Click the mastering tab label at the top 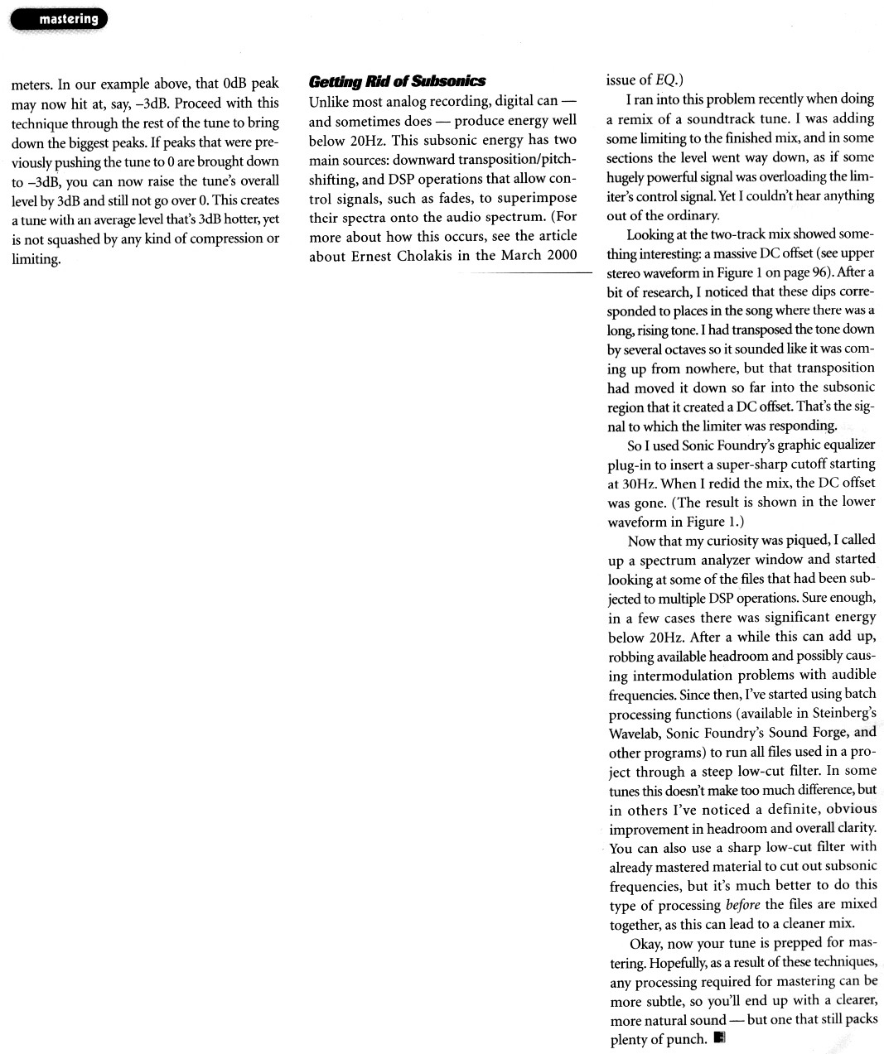(x=68, y=18)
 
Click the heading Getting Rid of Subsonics (x=396, y=81)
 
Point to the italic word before (x=742, y=905)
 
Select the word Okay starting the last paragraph (x=647, y=943)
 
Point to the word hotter (x=231, y=219)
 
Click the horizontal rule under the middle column (x=530, y=272)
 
